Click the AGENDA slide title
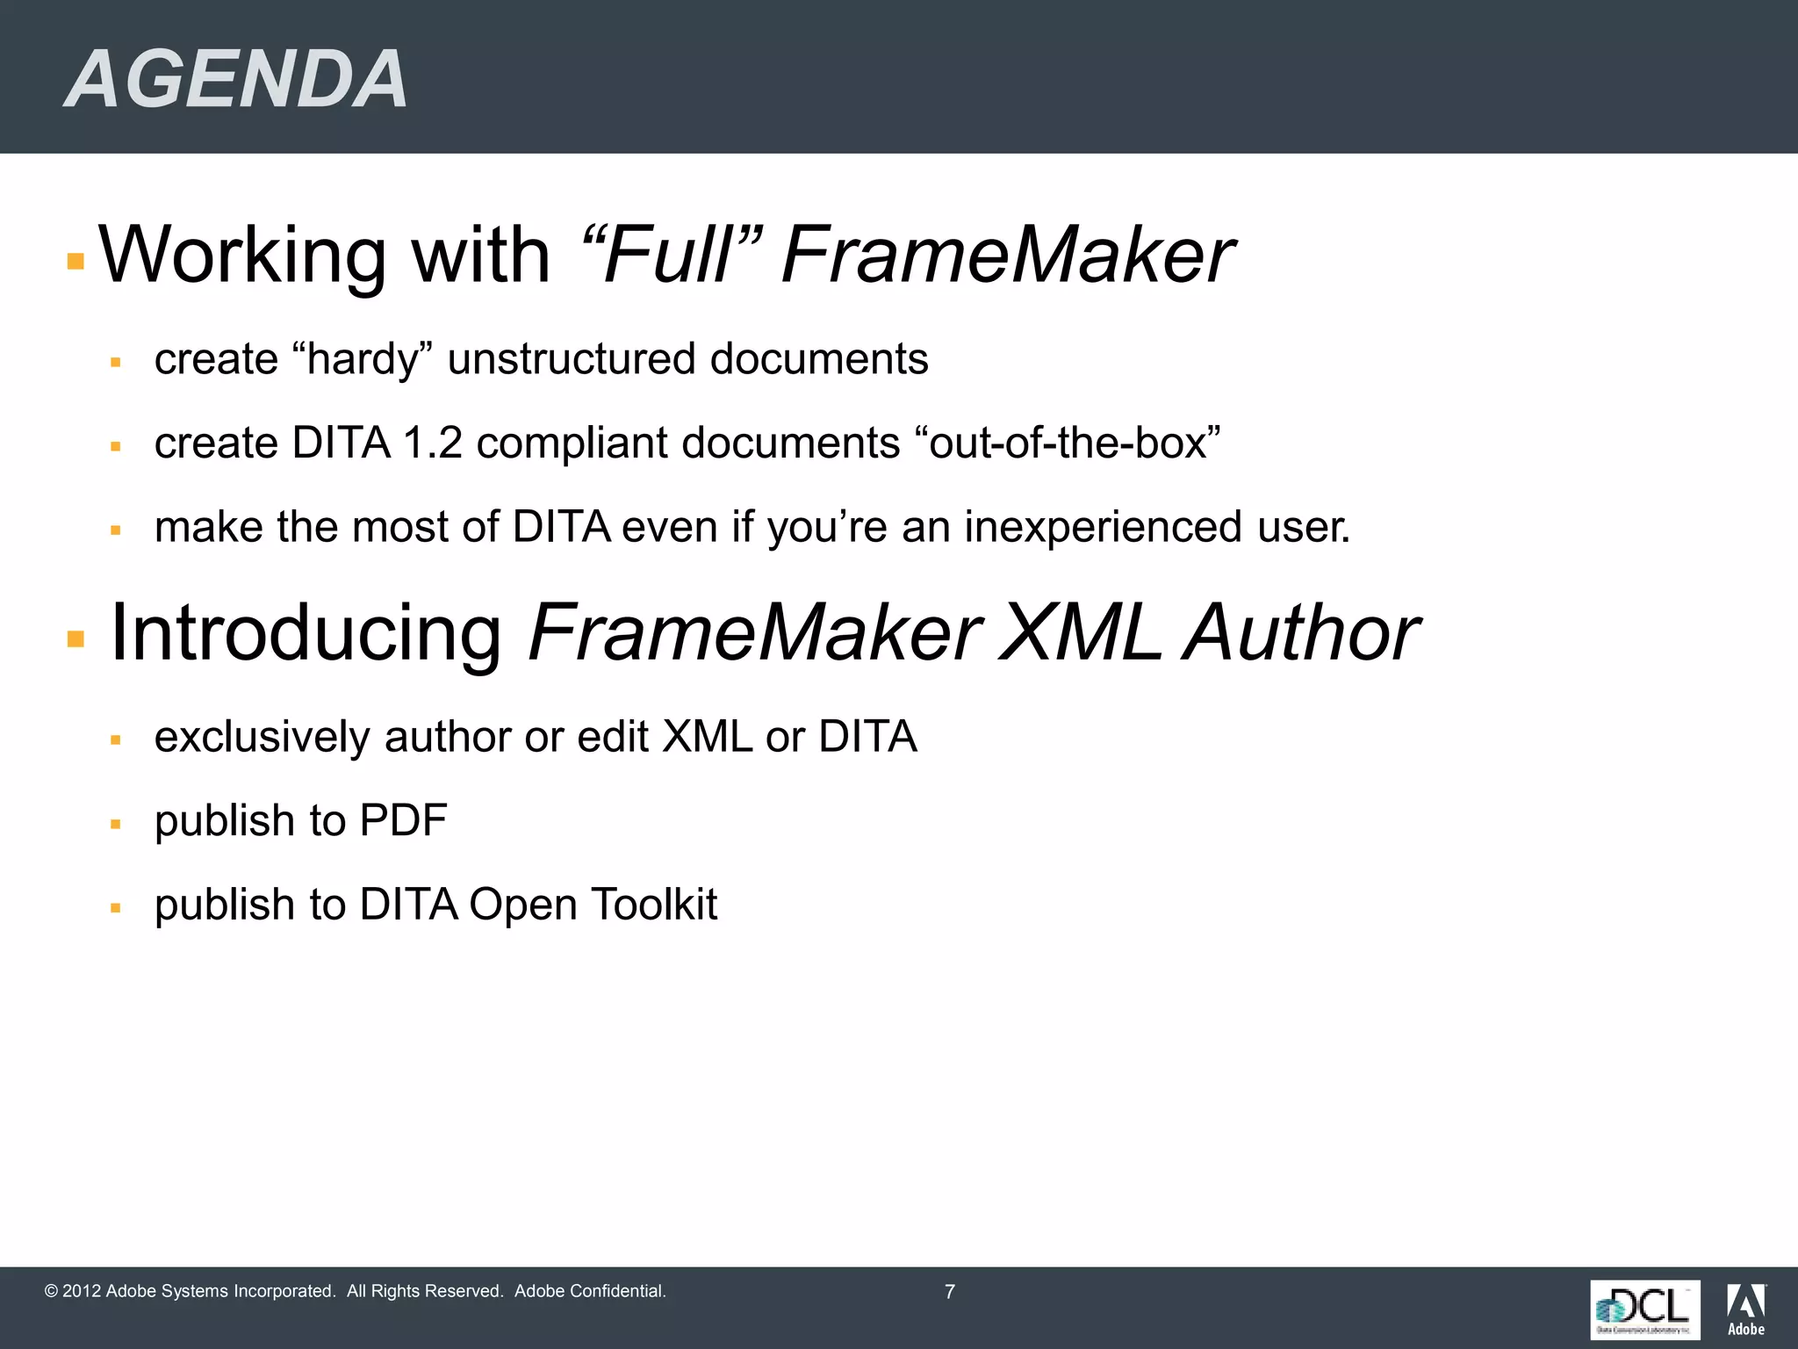point(236,79)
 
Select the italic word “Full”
point(671,256)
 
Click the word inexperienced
point(1103,527)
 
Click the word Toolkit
point(654,905)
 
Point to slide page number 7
point(949,1292)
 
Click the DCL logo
point(1644,1309)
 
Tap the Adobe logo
point(1746,1309)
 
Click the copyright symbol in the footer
point(51,1291)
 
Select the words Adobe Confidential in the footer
point(590,1291)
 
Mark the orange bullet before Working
point(76,261)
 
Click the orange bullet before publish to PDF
point(115,825)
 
